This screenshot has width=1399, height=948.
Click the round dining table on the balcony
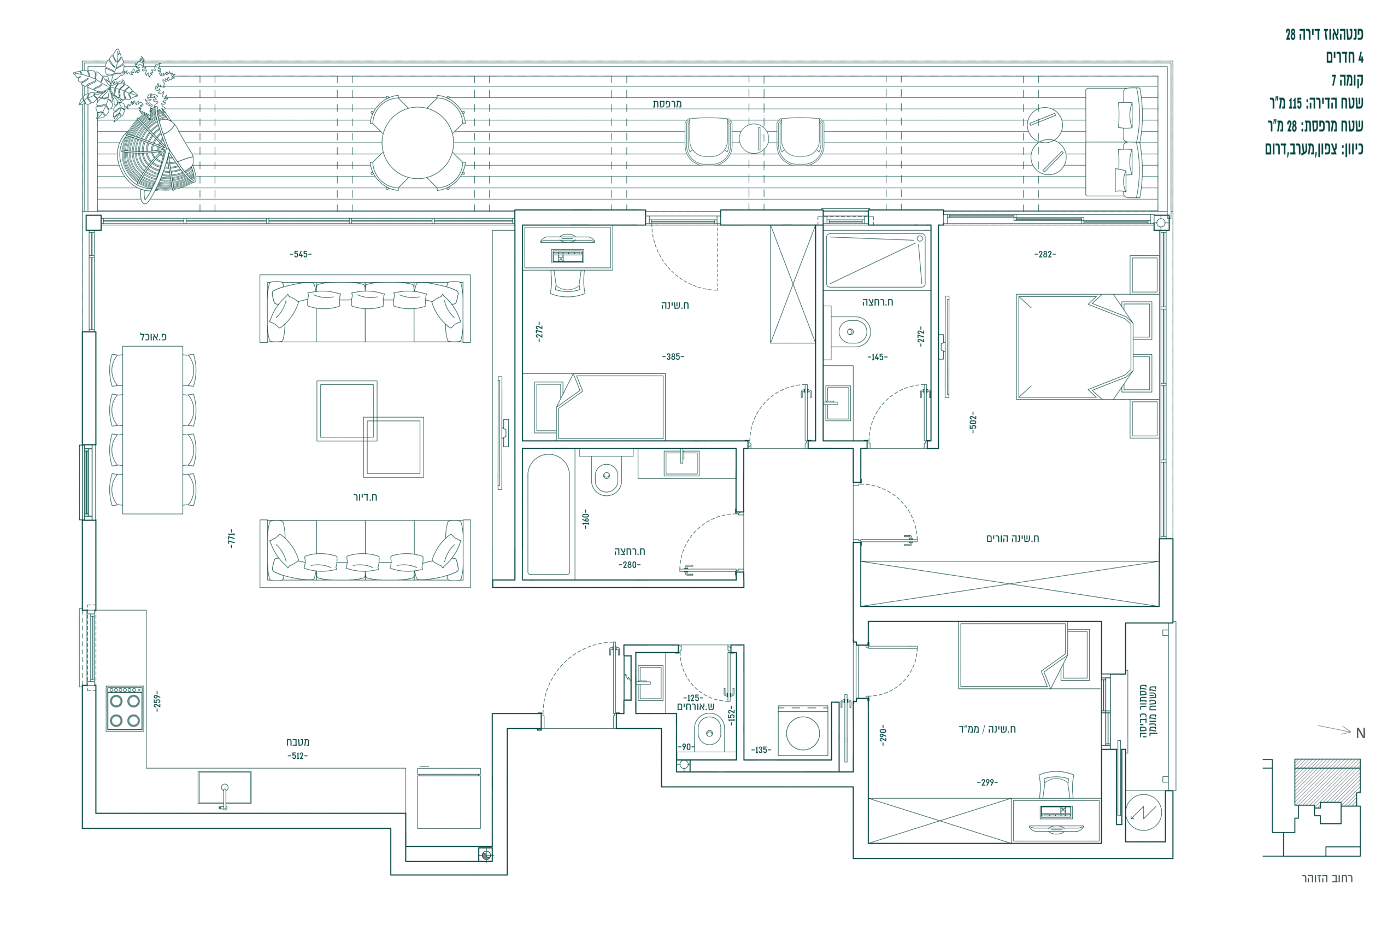pyautogui.click(x=417, y=143)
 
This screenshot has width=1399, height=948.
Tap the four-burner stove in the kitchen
pyautogui.click(x=125, y=709)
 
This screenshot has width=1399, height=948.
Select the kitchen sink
pyautogui.click(x=224, y=788)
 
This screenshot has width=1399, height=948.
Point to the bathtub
pyautogui.click(x=549, y=514)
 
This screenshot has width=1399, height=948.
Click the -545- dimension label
pyautogui.click(x=301, y=254)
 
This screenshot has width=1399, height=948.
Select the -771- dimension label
pyautogui.click(x=231, y=539)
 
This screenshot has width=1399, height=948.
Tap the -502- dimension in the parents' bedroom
pyautogui.click(x=973, y=422)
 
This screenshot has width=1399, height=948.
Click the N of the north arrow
pyautogui.click(x=1361, y=734)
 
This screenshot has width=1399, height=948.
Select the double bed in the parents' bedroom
pyautogui.click(x=1075, y=347)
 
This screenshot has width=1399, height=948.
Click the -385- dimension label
pyautogui.click(x=673, y=356)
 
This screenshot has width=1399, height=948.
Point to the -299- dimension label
pyautogui.click(x=987, y=782)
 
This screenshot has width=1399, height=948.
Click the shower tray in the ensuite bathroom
pyautogui.click(x=875, y=260)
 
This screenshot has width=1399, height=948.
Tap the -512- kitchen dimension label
pyautogui.click(x=297, y=756)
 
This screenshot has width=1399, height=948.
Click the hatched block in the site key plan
pyautogui.click(x=1327, y=781)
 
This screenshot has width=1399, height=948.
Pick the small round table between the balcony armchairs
pyautogui.click(x=754, y=138)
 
